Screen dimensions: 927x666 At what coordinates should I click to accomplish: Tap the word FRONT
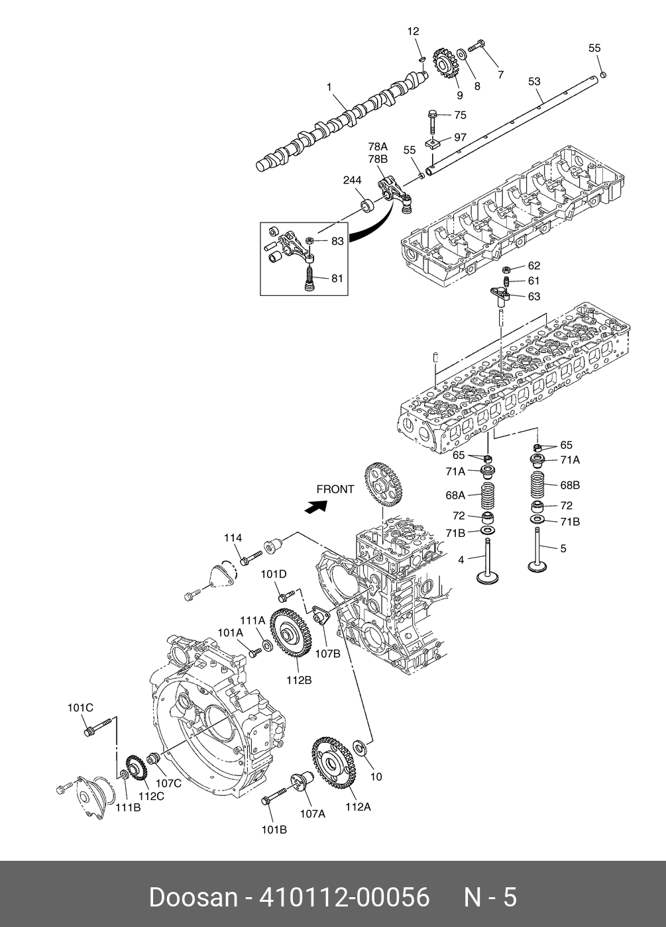[x=335, y=489]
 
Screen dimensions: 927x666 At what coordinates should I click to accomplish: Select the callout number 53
[x=534, y=81]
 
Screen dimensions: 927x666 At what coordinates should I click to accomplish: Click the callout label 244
[x=352, y=180]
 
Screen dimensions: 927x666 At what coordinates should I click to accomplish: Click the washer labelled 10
[x=361, y=748]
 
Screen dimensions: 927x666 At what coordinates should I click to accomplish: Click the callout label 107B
[x=327, y=653]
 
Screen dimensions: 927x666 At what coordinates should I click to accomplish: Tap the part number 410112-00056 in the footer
[x=344, y=897]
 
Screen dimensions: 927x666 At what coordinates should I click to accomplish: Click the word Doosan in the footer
[x=193, y=897]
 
